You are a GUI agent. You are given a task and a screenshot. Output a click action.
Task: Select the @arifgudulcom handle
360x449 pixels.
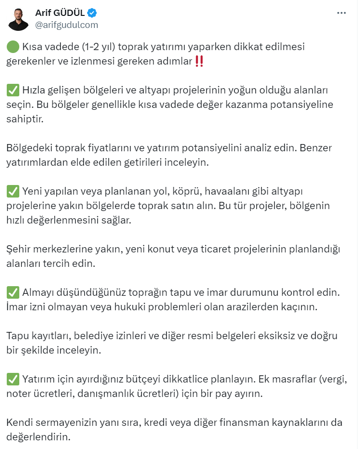tap(66, 25)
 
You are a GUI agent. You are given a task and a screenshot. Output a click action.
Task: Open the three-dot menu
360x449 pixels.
tap(341, 13)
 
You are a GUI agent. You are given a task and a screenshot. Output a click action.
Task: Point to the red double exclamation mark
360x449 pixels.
tap(199, 61)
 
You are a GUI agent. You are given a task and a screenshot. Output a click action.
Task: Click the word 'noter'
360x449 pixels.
tap(18, 394)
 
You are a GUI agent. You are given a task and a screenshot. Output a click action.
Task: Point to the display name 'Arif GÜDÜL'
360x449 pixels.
tap(60, 13)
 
